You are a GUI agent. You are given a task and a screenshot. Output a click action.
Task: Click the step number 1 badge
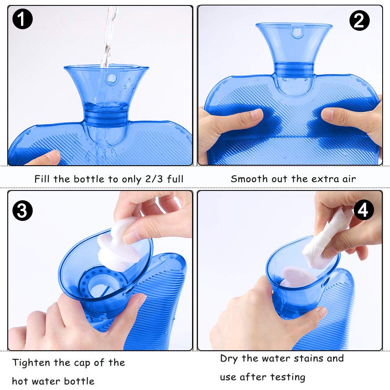pos(22,19)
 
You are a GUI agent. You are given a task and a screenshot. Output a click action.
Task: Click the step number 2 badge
pos(359,21)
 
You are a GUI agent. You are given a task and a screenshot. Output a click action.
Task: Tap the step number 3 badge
pos(22,211)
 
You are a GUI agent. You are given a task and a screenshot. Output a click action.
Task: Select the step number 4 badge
pos(364,210)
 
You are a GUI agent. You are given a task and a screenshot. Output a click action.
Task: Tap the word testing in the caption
pos(288,377)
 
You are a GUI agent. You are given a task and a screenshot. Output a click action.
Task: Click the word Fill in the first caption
pos(41,179)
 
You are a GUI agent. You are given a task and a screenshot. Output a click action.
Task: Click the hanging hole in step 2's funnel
pos(297,33)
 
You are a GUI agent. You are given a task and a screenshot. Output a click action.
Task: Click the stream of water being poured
pos(109,37)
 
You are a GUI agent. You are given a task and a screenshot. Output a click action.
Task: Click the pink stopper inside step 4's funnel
pos(298,277)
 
